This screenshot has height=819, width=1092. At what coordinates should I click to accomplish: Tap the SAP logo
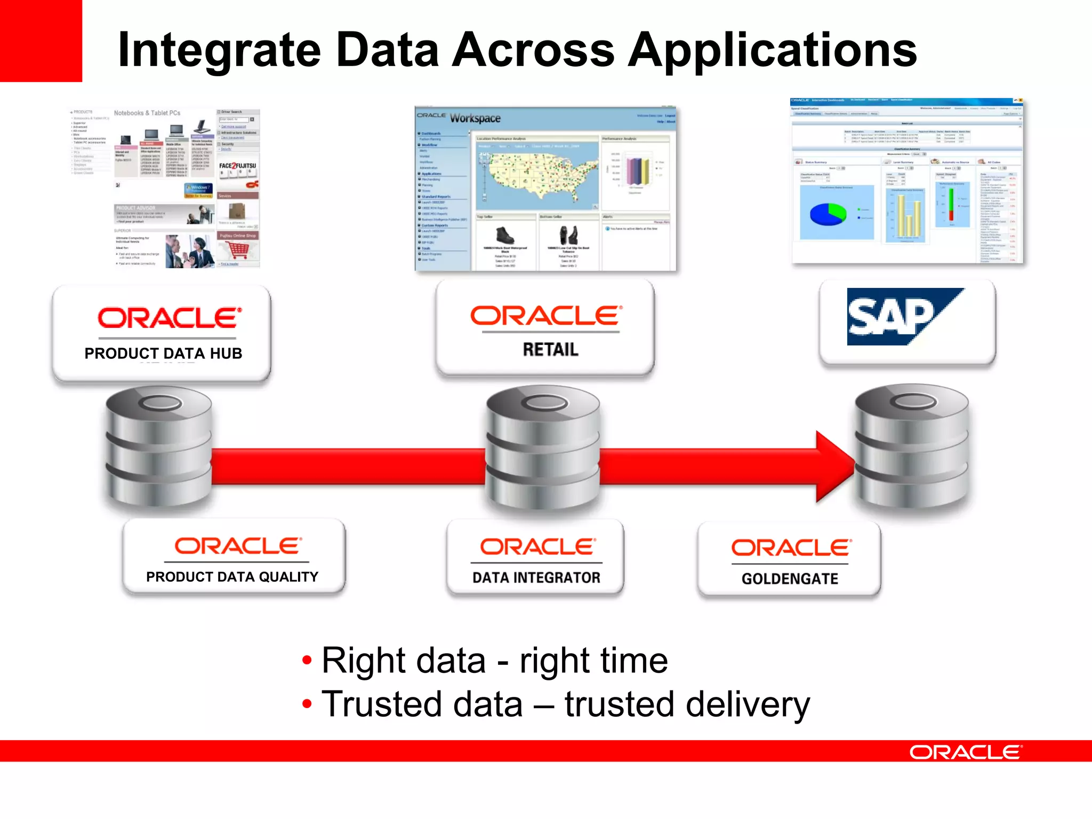click(901, 317)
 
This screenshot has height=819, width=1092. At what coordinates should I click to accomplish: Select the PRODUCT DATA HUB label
click(163, 354)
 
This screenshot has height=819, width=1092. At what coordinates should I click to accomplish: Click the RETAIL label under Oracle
click(550, 350)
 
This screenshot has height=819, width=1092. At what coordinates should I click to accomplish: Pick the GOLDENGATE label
click(790, 579)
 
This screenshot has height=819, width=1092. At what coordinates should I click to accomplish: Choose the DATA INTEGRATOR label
click(536, 577)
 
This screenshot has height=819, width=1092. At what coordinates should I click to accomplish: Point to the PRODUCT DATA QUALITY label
click(232, 577)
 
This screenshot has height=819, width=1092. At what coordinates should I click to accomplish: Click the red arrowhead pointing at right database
click(834, 467)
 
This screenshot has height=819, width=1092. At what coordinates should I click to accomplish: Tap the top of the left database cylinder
click(159, 403)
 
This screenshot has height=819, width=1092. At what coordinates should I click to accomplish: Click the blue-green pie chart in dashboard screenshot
click(828, 214)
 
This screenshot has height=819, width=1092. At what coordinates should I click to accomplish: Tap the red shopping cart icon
click(238, 250)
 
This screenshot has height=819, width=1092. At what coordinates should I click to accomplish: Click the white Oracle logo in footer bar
click(966, 752)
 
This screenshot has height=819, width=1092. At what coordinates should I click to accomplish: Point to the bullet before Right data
click(307, 661)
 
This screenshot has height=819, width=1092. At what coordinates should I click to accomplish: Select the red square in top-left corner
click(41, 41)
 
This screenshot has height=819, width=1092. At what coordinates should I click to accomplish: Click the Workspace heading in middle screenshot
click(475, 118)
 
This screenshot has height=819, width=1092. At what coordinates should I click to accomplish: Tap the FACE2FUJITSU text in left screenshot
click(237, 166)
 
